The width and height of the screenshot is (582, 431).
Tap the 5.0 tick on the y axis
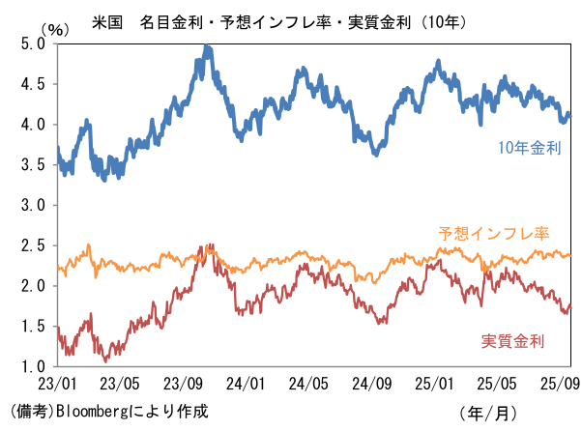pos(32,43)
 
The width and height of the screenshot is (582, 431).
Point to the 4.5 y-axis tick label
pos(32,84)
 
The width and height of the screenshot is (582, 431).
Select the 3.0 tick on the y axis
pos(32,205)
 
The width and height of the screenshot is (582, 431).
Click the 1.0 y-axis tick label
pos(32,366)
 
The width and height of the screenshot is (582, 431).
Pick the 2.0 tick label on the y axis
pos(32,286)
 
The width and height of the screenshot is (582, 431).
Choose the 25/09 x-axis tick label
pos(561,382)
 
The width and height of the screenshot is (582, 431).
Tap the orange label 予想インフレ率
pos(493,234)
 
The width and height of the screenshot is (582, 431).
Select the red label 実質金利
pos(512,340)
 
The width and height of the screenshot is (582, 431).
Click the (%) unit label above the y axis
pos(58,28)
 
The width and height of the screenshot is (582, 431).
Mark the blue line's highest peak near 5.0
pos(208,46)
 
